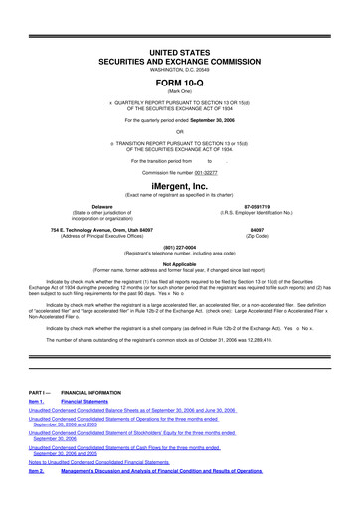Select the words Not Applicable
pos(179,263)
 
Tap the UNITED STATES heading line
pos(179,50)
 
